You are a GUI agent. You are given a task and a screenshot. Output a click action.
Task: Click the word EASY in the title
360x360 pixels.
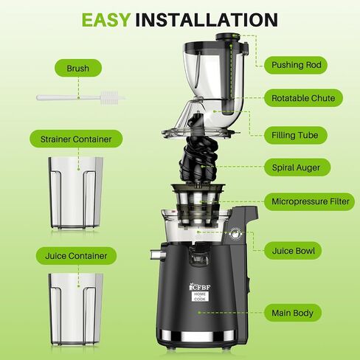(106, 20)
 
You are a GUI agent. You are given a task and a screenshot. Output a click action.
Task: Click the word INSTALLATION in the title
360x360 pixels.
(207, 20)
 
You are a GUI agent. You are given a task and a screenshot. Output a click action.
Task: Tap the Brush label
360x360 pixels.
(78, 68)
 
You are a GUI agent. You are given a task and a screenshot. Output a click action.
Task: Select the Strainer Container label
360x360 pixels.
(76, 139)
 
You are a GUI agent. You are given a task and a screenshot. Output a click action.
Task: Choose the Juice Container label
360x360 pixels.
(76, 256)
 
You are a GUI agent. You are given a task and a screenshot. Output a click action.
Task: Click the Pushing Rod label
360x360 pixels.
(296, 65)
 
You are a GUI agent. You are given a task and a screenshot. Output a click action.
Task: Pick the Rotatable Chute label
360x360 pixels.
(303, 98)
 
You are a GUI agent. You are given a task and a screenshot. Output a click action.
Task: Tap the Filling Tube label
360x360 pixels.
(295, 135)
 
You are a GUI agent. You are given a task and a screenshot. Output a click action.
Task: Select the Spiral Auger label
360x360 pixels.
(297, 167)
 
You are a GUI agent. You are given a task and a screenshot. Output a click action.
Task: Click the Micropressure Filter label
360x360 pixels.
(310, 201)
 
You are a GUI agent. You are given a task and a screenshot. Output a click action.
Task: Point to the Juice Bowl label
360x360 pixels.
(293, 251)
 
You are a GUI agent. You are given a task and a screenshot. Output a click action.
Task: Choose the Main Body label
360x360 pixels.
(293, 313)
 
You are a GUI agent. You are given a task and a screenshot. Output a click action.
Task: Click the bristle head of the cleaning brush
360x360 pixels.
(109, 97)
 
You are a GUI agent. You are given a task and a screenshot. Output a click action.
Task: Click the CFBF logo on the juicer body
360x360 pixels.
(200, 287)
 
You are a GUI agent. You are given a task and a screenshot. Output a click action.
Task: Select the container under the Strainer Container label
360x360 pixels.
(76, 193)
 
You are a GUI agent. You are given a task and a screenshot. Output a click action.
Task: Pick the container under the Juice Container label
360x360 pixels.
(76, 309)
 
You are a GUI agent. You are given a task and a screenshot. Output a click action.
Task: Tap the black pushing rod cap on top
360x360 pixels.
(227, 37)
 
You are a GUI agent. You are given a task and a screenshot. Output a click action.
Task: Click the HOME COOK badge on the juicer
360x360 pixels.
(200, 297)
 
